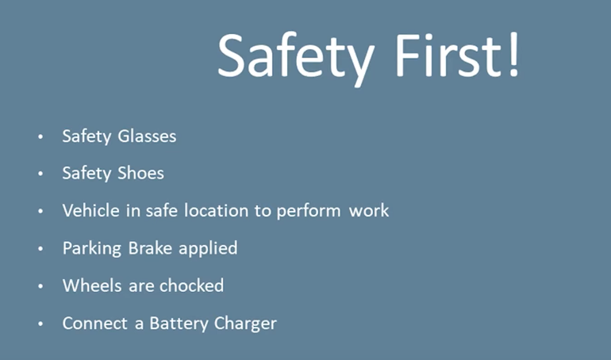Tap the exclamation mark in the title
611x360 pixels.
coord(513,55)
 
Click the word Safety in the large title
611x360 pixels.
coord(296,59)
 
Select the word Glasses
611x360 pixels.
coord(147,136)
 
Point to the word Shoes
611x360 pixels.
coord(140,173)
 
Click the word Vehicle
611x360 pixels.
coord(90,211)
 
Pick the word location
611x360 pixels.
coord(216,211)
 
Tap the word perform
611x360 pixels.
coord(309,212)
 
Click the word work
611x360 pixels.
coord(369,211)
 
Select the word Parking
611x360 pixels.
coord(92,249)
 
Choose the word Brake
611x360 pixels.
coord(150,248)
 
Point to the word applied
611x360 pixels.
coord(208,249)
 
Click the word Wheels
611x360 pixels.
coord(92,285)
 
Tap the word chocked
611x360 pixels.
coord(191,285)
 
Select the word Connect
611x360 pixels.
coord(95,324)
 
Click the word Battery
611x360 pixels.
coord(179,324)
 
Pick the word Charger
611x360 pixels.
coord(245,324)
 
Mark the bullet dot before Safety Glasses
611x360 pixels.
coord(40,136)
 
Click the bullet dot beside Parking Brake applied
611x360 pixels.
coord(40,249)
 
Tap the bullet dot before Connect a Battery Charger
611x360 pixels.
coord(40,324)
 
